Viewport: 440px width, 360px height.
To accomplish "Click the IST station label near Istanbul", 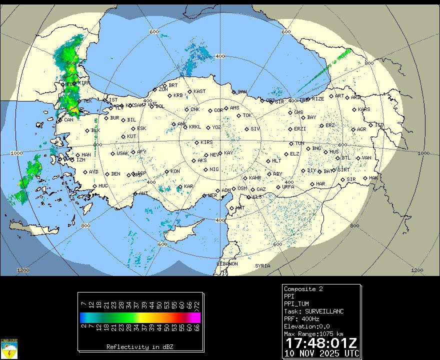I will click(113, 100).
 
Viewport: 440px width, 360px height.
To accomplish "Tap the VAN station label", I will click(366, 158).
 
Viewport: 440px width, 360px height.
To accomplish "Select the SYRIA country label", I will click(262, 266).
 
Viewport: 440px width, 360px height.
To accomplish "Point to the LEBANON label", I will click(227, 264).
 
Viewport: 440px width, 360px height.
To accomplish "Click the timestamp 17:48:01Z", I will click(321, 343).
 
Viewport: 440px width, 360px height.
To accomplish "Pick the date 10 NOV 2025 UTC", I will click(321, 353).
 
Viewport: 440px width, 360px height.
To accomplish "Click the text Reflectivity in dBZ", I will click(139, 346).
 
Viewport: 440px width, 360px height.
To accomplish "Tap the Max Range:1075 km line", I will click(313, 334).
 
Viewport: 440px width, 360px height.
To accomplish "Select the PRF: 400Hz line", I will click(305, 319).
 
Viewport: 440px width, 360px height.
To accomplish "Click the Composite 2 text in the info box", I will click(303, 289).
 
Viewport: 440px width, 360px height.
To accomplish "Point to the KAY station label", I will click(228, 153).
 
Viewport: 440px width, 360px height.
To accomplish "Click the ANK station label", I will click(181, 124).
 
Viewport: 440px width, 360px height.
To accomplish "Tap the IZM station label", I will click(80, 160).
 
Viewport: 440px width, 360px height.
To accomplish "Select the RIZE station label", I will click(318, 99).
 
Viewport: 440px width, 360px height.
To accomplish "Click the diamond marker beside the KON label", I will click(167, 171).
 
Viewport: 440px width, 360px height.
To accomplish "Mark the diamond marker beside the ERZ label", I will click(322, 126).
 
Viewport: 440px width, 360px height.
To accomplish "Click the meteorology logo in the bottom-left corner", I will click(9, 348).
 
